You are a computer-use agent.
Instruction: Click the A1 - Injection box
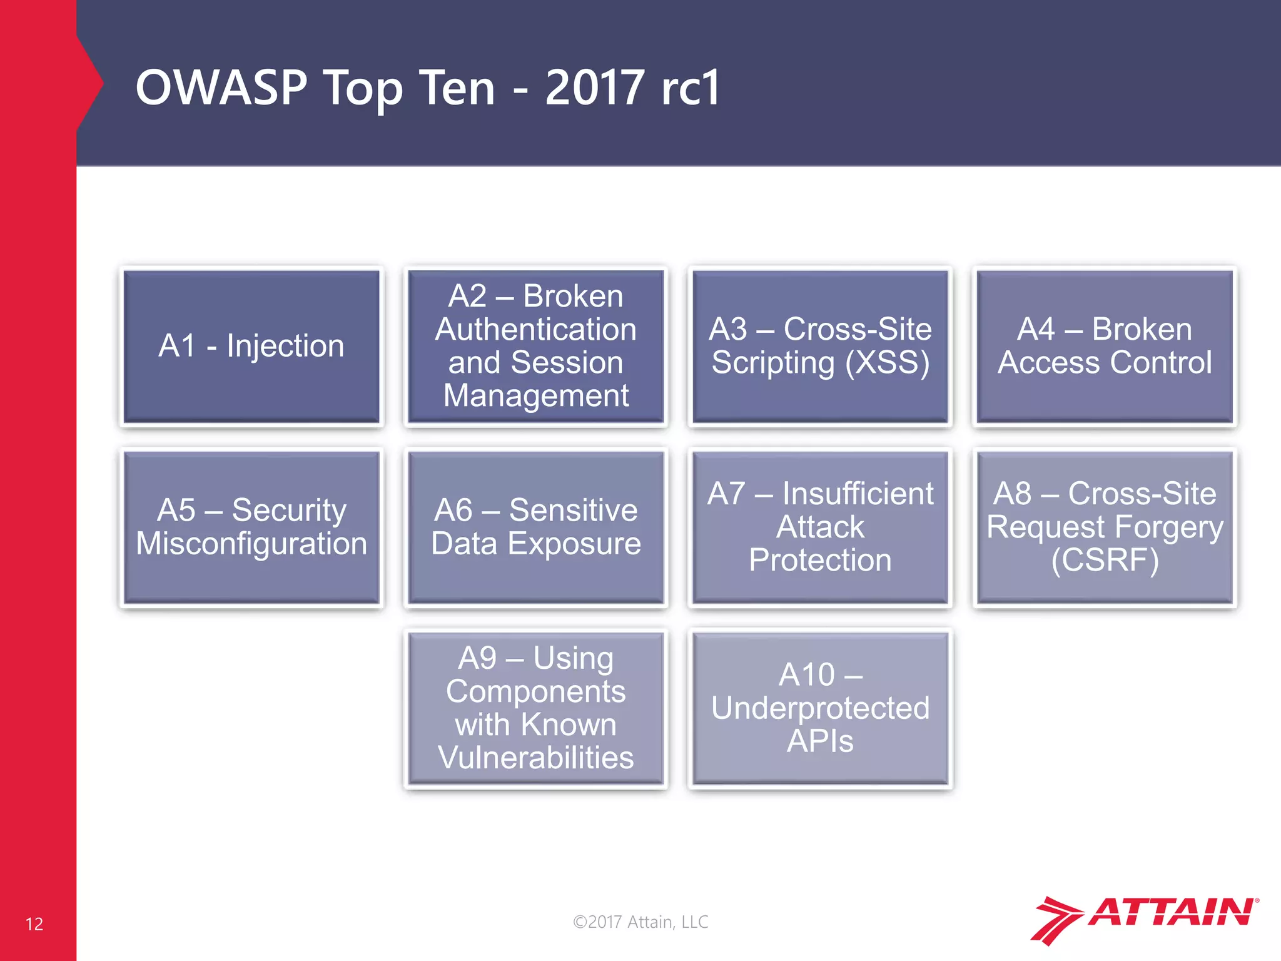[251, 346]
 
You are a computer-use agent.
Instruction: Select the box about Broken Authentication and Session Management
[535, 346]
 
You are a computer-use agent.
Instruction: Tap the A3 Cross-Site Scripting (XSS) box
[820, 346]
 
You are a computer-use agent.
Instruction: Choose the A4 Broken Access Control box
[1105, 346]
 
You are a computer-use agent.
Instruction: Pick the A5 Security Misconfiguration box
[251, 527]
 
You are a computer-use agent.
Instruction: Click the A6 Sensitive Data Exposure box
[535, 527]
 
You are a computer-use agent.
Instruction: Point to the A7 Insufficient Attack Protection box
[820, 527]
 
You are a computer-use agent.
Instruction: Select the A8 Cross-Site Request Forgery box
[1105, 527]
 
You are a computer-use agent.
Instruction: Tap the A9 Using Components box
[535, 708]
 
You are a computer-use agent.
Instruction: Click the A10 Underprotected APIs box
[820, 708]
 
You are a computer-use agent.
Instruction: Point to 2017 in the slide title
[594, 88]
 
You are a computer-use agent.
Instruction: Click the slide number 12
[34, 924]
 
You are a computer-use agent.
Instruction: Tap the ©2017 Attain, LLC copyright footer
[640, 922]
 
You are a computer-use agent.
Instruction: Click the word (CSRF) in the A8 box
[1105, 560]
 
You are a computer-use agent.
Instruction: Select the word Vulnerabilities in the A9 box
[535, 758]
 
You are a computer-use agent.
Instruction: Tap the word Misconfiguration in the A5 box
[251, 543]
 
